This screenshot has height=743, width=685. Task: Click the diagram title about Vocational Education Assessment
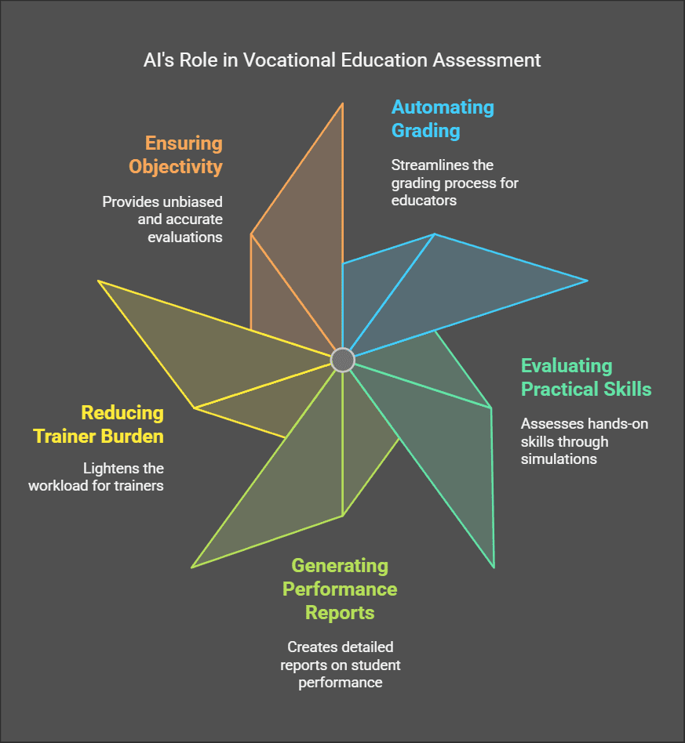[x=342, y=60]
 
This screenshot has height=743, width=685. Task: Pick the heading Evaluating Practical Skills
[x=586, y=377]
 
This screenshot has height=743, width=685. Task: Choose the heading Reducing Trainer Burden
[x=98, y=424]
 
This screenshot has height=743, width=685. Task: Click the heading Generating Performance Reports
[x=340, y=589]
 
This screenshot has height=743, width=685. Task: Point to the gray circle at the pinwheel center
[x=343, y=360]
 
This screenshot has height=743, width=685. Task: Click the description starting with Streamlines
[x=455, y=183]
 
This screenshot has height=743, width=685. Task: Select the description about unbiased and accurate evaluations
[x=162, y=219]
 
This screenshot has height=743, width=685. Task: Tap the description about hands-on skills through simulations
[x=585, y=441]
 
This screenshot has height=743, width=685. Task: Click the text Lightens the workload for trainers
[x=96, y=477]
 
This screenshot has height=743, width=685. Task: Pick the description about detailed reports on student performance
[x=340, y=665]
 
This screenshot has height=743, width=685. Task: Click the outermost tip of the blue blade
[x=587, y=280]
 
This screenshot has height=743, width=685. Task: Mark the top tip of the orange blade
[x=343, y=103]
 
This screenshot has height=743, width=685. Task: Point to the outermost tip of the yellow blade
[x=99, y=281]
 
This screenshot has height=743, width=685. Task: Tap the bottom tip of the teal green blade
[x=494, y=567]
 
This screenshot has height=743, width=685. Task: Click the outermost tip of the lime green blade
[x=192, y=567]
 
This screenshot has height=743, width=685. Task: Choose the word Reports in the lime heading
[x=340, y=612]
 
